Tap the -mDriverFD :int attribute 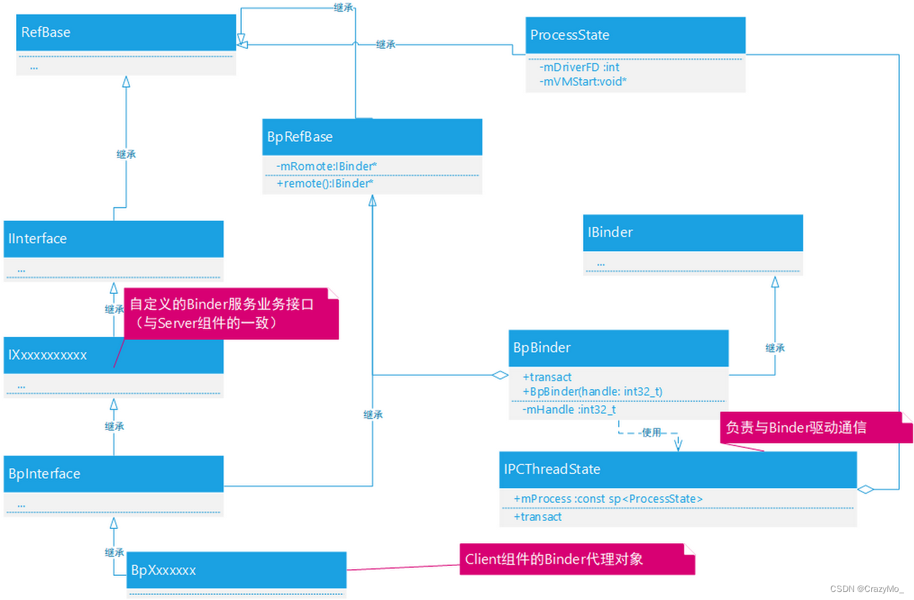tap(579, 67)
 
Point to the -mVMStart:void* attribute tap(582, 81)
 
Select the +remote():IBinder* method tap(325, 183)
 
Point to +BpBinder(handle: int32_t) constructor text tap(592, 392)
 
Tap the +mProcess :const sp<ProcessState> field tap(608, 499)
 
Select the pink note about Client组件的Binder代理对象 tap(577, 559)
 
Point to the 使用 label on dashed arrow tap(651, 433)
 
